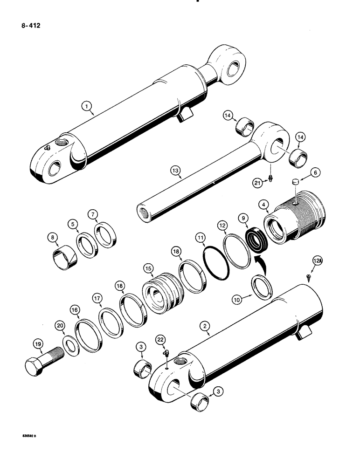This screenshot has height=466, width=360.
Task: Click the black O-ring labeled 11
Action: [x=217, y=264]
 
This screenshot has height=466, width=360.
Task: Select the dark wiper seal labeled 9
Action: [x=255, y=239]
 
